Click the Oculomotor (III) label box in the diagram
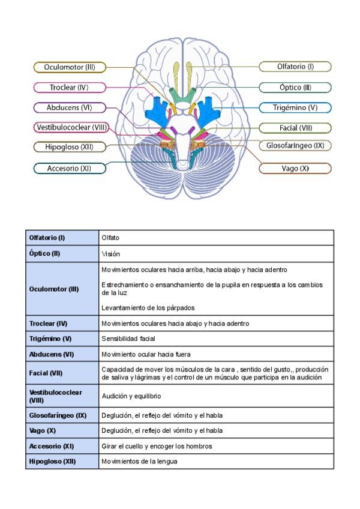[70, 67]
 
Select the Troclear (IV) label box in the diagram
[70, 87]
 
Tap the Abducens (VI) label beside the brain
[70, 107]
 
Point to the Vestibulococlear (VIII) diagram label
[71, 127]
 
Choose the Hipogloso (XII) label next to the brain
[70, 146]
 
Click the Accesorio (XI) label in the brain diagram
[70, 169]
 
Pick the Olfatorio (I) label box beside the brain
[295, 67]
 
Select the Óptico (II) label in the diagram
[295, 87]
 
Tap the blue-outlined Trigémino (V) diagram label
[295, 108]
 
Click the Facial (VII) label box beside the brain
[295, 127]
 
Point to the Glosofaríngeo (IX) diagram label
[295, 145]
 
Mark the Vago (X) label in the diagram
[295, 169]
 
